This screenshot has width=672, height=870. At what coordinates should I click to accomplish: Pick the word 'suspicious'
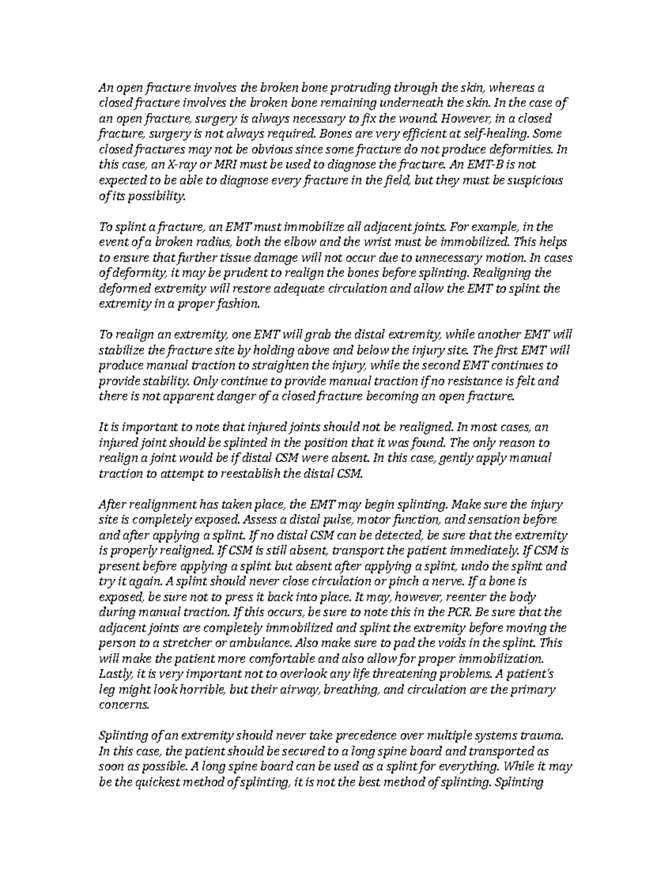(537, 181)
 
